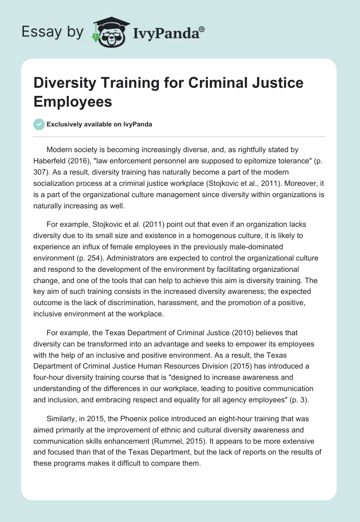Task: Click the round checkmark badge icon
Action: tap(39, 125)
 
